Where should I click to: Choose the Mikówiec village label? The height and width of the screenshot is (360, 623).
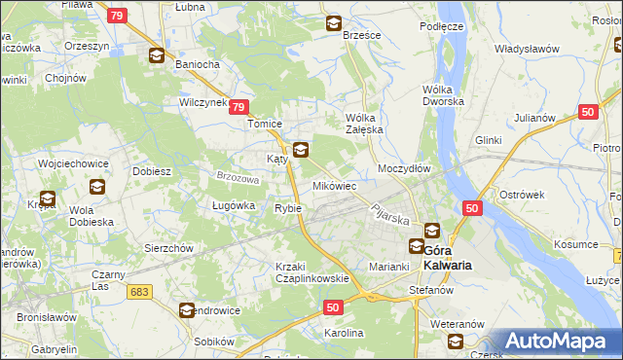(x=334, y=185)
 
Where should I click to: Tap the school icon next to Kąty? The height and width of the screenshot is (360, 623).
(x=301, y=150)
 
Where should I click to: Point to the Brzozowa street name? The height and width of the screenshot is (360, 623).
(x=238, y=179)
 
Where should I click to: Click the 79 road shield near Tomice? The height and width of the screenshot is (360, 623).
(x=240, y=108)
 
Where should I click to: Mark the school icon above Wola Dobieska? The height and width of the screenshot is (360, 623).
(x=97, y=187)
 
